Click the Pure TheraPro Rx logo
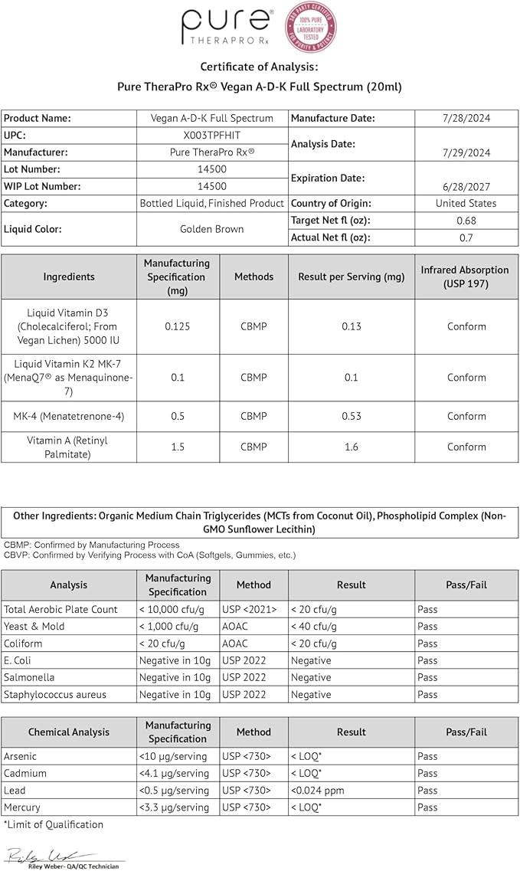(x=227, y=28)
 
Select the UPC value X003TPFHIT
(x=211, y=136)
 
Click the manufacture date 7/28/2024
(x=466, y=119)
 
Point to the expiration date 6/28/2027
(x=466, y=186)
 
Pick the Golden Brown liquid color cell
(x=211, y=229)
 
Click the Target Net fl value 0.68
(x=466, y=221)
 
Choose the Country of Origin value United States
(x=466, y=204)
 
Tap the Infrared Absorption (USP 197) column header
(x=466, y=277)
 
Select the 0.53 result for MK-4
(x=351, y=417)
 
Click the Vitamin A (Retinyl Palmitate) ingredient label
(x=69, y=447)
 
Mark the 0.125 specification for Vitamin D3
(x=178, y=326)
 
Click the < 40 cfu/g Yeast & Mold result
(x=314, y=627)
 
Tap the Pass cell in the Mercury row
(x=428, y=807)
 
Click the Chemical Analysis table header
(x=69, y=732)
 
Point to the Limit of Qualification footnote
(x=54, y=825)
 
